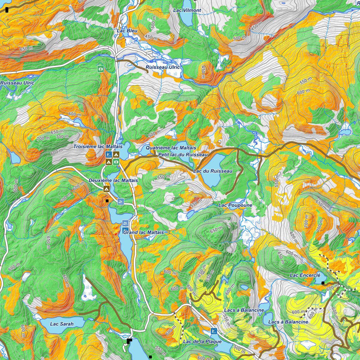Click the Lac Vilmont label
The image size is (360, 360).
(x=187, y=10)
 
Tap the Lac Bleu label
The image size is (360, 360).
(x=127, y=31)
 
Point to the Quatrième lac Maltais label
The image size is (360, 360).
(x=171, y=148)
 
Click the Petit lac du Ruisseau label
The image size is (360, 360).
(x=183, y=154)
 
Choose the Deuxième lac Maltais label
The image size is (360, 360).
(x=113, y=180)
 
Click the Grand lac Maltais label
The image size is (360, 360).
(x=143, y=232)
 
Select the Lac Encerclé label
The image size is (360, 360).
(x=305, y=275)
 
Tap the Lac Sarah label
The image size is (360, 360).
(x=62, y=324)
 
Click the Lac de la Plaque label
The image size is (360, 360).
(x=202, y=341)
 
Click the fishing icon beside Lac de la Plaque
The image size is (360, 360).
(x=213, y=331)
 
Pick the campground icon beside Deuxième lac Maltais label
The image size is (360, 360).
(x=106, y=189)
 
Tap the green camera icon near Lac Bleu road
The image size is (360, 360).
(x=101, y=69)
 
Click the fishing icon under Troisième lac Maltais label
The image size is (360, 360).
(x=109, y=154)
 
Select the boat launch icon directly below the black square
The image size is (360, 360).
(x=121, y=201)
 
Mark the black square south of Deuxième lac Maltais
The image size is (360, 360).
(x=107, y=201)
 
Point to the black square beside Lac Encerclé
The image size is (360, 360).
(x=323, y=283)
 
